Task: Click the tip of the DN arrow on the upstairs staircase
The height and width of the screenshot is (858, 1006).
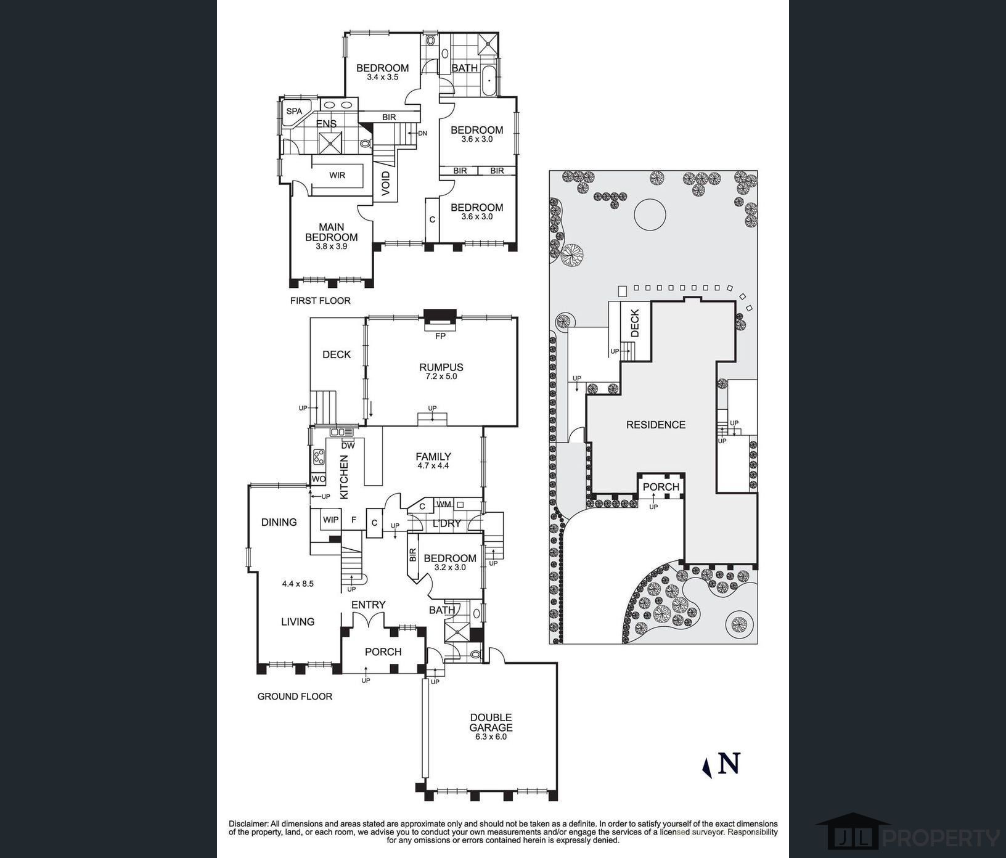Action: pyautogui.click(x=408, y=133)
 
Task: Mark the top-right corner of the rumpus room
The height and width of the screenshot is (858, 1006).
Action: pyautogui.click(x=517, y=317)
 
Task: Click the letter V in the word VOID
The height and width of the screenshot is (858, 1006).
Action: pyautogui.click(x=386, y=192)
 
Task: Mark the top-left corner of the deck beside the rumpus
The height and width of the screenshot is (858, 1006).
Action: pyautogui.click(x=310, y=318)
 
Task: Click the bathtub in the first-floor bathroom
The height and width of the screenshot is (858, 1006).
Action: pyautogui.click(x=489, y=81)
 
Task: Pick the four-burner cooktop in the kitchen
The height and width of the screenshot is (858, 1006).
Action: pyautogui.click(x=319, y=457)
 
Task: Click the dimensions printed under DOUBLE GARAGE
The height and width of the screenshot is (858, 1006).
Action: pyautogui.click(x=491, y=737)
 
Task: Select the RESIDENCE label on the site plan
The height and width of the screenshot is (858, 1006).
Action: pyautogui.click(x=656, y=425)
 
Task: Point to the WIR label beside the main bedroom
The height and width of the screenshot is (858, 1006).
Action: pyautogui.click(x=337, y=176)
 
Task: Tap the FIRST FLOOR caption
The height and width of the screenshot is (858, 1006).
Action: pyautogui.click(x=321, y=301)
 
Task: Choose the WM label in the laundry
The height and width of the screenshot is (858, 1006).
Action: pyautogui.click(x=444, y=504)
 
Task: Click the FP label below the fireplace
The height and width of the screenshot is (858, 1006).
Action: pyautogui.click(x=440, y=337)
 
